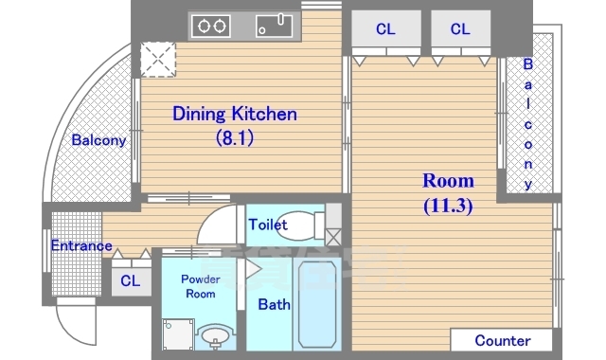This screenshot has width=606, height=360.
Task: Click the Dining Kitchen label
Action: pos(235,114)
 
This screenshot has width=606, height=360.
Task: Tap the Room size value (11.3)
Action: pos(448,206)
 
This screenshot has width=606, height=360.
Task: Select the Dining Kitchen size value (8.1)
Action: pos(235,137)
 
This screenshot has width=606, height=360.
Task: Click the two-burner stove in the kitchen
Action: pos(211,27)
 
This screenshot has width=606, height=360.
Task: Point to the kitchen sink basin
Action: pos(274,26)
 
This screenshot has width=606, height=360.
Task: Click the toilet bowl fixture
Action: pos(300,225)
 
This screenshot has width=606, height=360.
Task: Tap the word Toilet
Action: pos(268,225)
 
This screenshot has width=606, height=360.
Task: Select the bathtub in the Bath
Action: pos(317,304)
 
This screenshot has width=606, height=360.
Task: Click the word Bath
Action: pos(274,304)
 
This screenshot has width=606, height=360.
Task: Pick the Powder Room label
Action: pos(200,286)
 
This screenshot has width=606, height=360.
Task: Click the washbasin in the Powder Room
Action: pos(215,336)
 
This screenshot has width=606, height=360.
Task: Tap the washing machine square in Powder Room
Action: pos(178,334)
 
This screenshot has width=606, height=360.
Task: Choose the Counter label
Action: pos(503,340)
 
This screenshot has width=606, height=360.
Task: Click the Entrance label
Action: pos(81,245)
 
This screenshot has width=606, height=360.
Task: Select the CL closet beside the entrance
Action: pos(131,280)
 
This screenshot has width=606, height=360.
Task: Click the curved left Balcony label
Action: pos(98,140)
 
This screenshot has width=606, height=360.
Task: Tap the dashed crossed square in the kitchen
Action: pos(158,60)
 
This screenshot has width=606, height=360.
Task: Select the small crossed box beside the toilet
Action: pos(333,238)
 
